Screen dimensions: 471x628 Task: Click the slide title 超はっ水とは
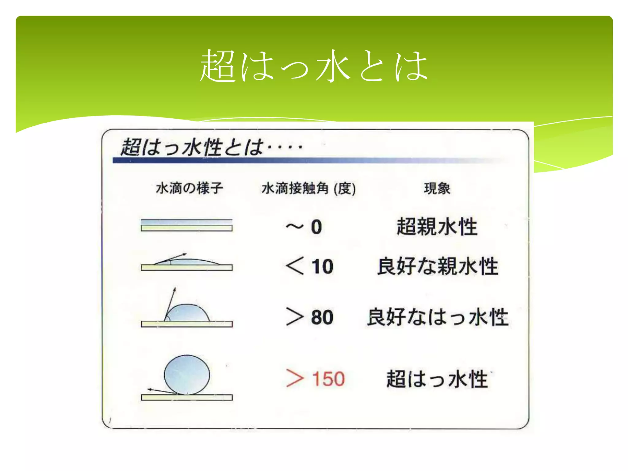(x=314, y=66)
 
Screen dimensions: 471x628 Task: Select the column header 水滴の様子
(x=189, y=188)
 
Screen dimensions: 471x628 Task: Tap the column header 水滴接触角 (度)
(x=308, y=188)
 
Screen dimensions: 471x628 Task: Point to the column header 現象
(x=437, y=188)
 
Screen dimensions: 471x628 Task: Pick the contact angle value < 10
(x=309, y=266)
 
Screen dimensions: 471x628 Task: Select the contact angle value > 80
(x=309, y=317)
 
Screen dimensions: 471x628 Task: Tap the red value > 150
(x=315, y=379)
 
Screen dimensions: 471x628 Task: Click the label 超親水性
(x=437, y=227)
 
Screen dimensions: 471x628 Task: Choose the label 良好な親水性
(x=438, y=266)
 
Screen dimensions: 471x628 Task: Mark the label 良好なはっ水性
(x=438, y=317)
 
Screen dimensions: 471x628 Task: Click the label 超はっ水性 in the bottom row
(x=437, y=379)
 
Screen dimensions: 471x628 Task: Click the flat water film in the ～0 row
(x=186, y=222)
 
